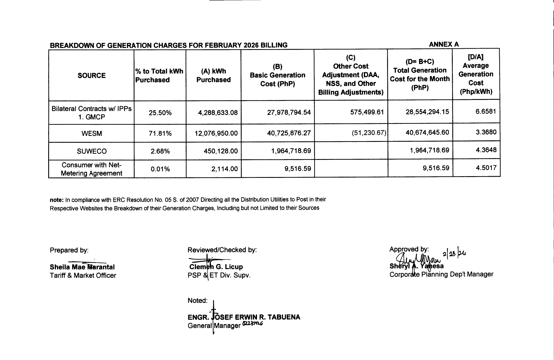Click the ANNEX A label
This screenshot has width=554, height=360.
(444, 44)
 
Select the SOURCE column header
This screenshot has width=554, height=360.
(92, 76)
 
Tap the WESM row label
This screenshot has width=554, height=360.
(92, 133)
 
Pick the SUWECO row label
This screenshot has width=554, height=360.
(92, 151)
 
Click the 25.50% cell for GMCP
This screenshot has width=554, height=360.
(160, 113)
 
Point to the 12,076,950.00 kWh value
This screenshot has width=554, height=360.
(216, 133)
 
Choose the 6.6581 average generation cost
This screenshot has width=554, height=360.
(486, 111)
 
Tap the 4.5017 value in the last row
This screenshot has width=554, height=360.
(486, 168)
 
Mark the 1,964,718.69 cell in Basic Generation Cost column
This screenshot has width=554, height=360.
(291, 151)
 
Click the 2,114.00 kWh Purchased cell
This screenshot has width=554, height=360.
(225, 169)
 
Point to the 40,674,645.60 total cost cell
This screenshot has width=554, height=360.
(427, 132)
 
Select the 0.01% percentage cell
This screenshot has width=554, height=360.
(160, 169)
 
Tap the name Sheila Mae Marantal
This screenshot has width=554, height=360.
(82, 267)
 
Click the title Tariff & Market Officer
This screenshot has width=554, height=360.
(83, 275)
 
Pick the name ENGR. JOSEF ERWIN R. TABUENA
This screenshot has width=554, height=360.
(244, 317)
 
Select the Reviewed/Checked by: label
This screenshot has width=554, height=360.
(222, 250)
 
